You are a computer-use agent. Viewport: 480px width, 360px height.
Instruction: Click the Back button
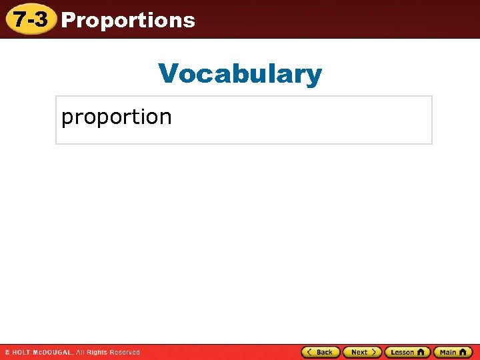tap(321, 352)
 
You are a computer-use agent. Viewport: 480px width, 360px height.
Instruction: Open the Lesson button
tap(407, 352)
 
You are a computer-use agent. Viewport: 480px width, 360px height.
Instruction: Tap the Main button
tap(453, 352)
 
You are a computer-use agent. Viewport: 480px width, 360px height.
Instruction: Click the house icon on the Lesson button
tap(421, 352)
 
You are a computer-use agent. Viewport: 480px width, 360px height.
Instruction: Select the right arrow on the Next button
tap(374, 352)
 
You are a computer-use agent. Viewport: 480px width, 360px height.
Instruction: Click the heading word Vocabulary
tap(240, 73)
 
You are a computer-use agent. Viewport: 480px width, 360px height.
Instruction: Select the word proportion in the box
tap(117, 117)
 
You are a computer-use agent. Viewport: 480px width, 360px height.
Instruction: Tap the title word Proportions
tap(128, 20)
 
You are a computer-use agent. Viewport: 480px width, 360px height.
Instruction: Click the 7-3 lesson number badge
tap(31, 19)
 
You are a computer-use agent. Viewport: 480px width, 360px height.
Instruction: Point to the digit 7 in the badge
tap(20, 19)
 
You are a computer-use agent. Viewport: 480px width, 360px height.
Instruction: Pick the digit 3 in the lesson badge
tap(41, 19)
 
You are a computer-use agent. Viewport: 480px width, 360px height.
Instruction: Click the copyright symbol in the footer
tap(7, 352)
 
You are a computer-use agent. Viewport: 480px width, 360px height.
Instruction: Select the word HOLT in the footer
tap(21, 352)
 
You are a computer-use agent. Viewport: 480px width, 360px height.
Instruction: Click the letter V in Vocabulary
tap(168, 73)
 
